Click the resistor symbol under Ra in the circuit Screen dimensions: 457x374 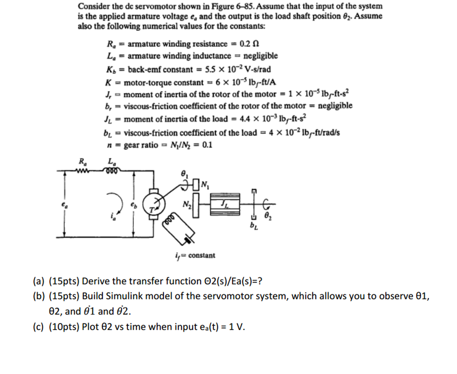(x=83, y=169)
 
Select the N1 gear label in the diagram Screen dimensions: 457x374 (x=205, y=183)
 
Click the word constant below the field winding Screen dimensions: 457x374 (x=202, y=255)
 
